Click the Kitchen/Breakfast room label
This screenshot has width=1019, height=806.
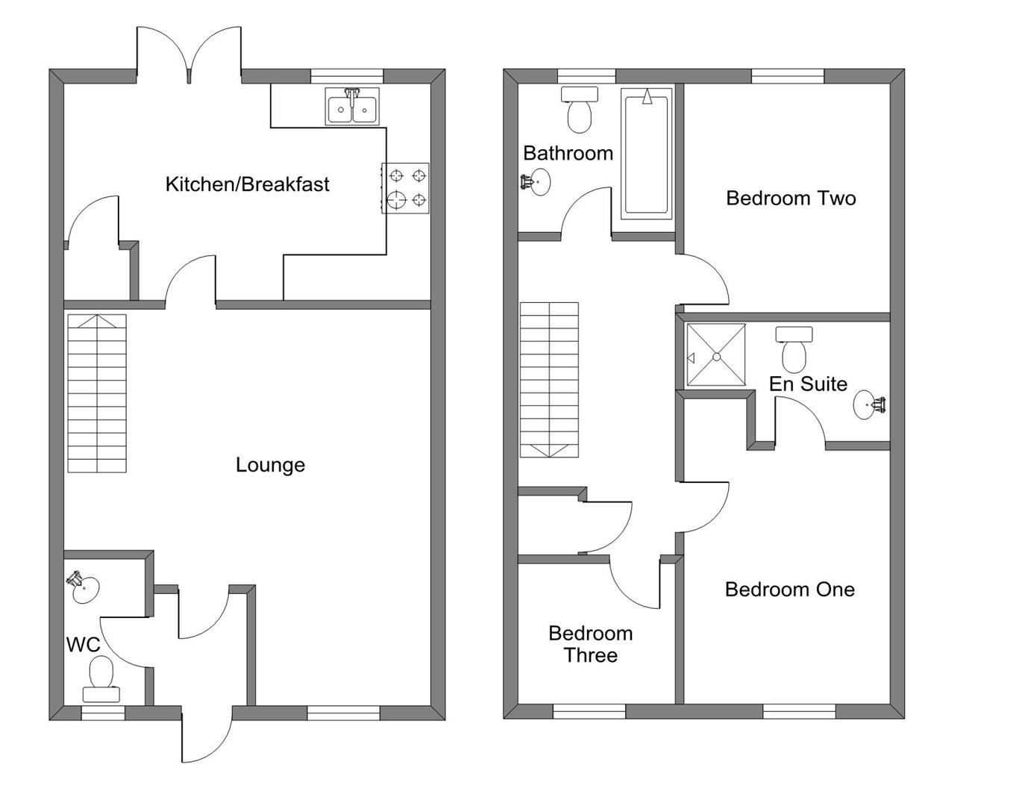click(247, 184)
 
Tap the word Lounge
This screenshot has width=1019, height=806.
click(270, 465)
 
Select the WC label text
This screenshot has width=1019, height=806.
click(83, 645)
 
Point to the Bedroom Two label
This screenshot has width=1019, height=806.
click(791, 199)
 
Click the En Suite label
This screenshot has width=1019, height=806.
click(808, 384)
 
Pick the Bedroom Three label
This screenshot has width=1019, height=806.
click(590, 644)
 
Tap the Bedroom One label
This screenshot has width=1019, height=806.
click(789, 590)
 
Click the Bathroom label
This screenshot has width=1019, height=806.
click(568, 154)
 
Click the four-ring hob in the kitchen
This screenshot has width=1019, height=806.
click(406, 188)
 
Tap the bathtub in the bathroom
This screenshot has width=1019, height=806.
click(646, 154)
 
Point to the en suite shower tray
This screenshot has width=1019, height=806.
click(716, 354)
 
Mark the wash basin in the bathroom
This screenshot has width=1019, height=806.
click(537, 181)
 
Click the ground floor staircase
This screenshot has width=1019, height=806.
click(97, 393)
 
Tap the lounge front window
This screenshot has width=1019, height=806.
click(344, 713)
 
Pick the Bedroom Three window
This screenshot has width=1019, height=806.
click(589, 712)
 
